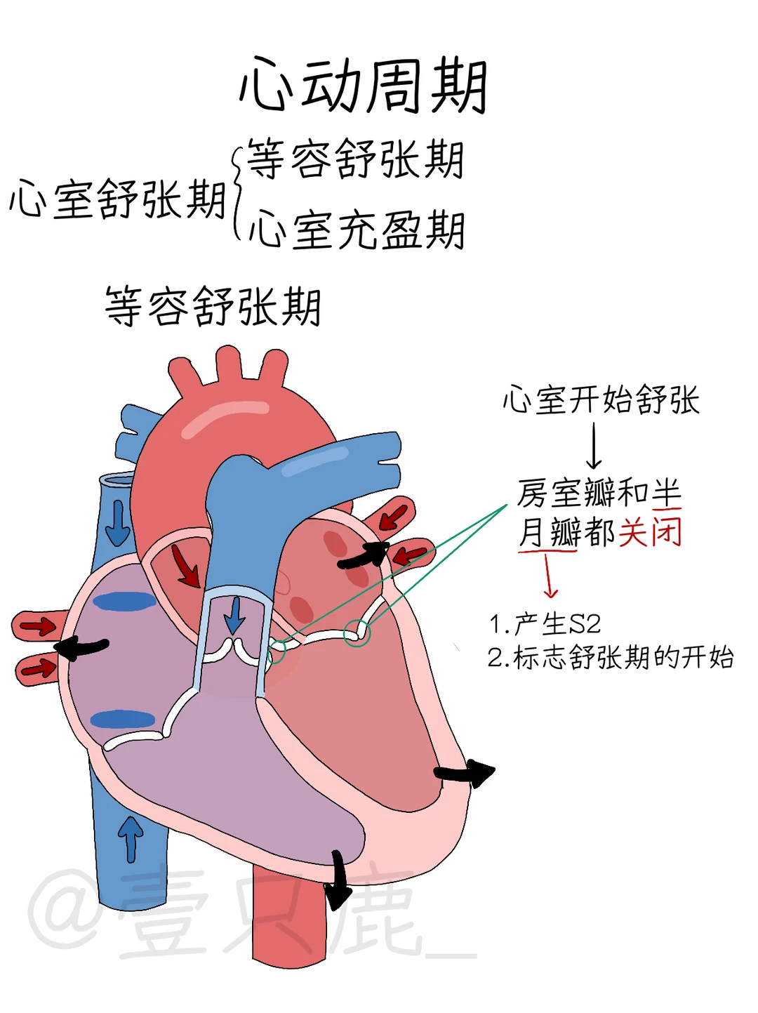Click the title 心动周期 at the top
coord(363,86)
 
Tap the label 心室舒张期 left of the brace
coord(117,199)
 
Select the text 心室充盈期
coord(357,230)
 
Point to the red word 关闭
coord(650,531)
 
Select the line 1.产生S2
coord(545,623)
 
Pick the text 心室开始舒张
coord(601,400)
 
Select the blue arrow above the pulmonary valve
coord(234,615)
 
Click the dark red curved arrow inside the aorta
coord(185,567)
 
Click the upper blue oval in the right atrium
coord(124,602)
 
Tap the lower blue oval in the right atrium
coord(123,720)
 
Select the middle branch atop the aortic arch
coord(229,366)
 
